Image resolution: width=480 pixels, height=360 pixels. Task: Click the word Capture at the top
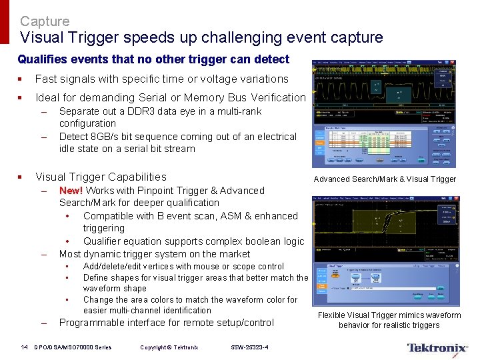click(x=44, y=21)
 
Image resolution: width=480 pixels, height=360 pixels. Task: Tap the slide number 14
click(x=25, y=347)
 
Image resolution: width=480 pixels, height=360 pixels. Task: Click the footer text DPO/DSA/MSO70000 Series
click(x=73, y=347)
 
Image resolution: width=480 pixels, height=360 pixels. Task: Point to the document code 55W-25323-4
click(x=251, y=347)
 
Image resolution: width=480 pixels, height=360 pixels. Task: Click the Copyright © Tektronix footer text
click(x=169, y=347)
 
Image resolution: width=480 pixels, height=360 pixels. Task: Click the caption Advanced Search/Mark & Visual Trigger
click(x=385, y=179)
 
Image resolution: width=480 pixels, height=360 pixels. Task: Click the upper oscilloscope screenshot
click(x=385, y=113)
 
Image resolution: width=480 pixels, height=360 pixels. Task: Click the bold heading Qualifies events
click(x=153, y=59)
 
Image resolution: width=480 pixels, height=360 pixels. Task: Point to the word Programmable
click(x=90, y=323)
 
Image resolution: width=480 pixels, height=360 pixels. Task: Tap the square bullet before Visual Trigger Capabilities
click(x=21, y=177)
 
